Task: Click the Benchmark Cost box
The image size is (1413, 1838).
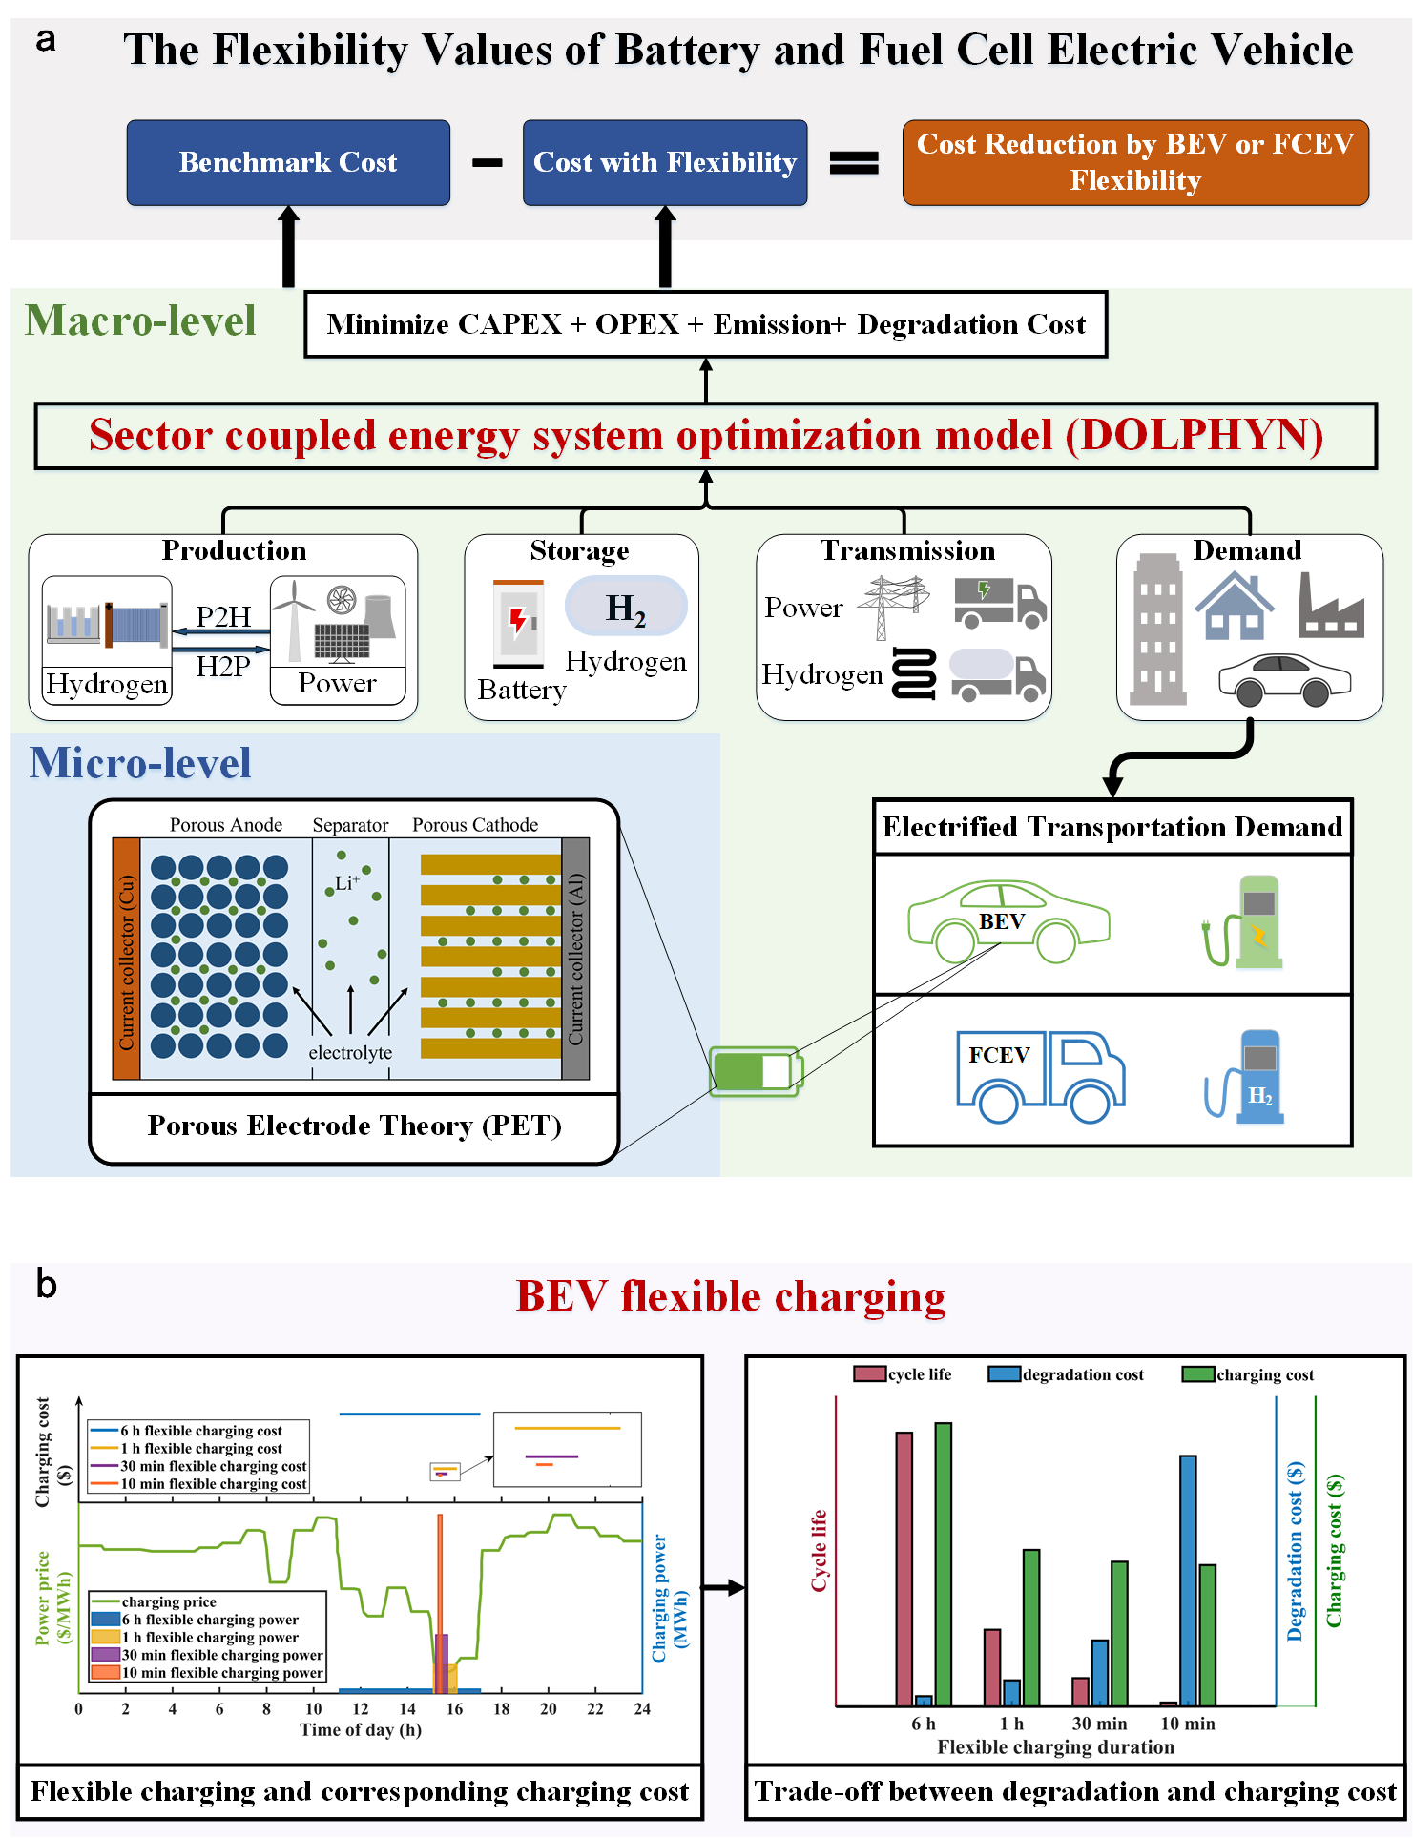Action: [288, 162]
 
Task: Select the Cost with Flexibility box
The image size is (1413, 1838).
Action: [665, 162]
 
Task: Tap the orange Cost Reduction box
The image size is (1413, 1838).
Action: [1135, 162]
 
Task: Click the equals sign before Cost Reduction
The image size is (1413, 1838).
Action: [854, 163]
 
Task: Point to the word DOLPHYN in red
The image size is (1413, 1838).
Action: [1194, 436]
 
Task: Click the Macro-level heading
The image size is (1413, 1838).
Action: [140, 320]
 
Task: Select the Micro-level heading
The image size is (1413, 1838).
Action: [140, 763]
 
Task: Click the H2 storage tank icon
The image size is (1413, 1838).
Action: [626, 607]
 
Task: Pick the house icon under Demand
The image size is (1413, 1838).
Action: [1235, 607]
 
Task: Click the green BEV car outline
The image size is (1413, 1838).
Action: [1008, 922]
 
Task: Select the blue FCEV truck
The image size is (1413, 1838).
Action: [1041, 1075]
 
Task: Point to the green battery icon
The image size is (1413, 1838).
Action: [757, 1071]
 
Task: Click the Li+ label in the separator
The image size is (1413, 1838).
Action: [346, 883]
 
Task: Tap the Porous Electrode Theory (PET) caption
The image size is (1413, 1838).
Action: [354, 1126]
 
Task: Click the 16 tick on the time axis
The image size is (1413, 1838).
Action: [454, 1709]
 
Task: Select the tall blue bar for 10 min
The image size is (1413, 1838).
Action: [1188, 1580]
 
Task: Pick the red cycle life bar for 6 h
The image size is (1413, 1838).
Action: [904, 1569]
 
